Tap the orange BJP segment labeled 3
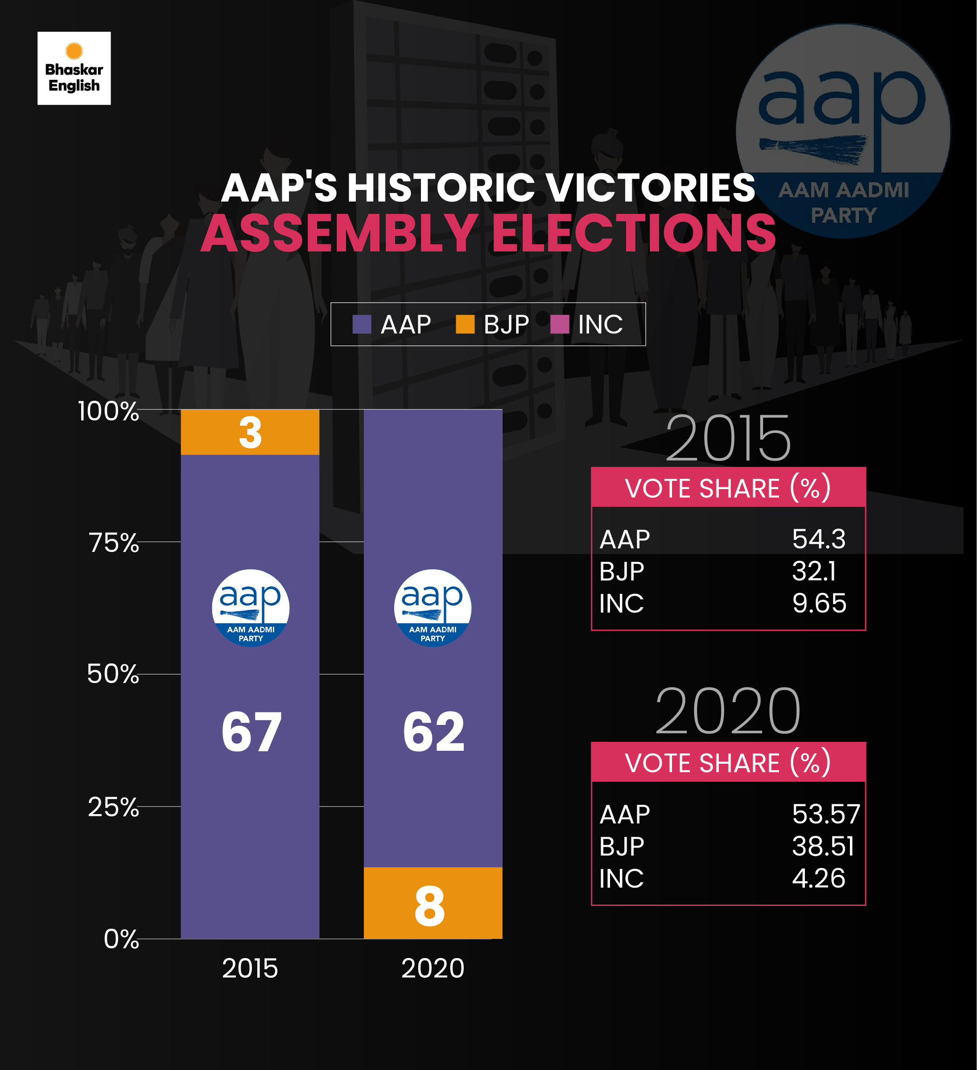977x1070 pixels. pos(250,432)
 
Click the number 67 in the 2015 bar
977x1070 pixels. pos(251,733)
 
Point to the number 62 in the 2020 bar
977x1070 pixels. pos(433,733)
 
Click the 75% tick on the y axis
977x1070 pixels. pos(114,543)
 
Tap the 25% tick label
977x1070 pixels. pos(113,807)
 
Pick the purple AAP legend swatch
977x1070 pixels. pos(362,324)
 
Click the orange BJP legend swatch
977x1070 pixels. pos(465,324)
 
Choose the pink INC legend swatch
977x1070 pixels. pos(560,324)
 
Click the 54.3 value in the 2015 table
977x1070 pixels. pos(818,539)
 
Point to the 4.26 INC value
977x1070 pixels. pos(818,878)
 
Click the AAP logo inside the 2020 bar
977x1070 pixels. pos(432,608)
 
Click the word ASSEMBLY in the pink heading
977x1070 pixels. pos(339,234)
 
